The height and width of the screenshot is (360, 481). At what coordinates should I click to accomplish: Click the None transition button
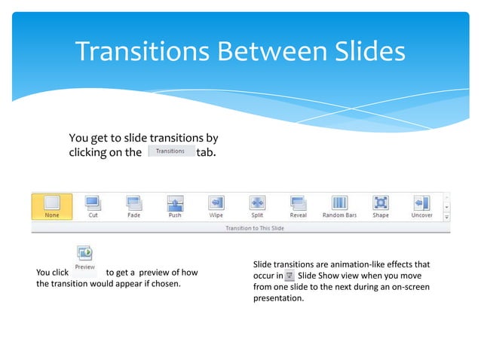click(x=51, y=206)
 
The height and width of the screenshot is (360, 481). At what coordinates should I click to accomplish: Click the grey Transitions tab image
click(x=170, y=151)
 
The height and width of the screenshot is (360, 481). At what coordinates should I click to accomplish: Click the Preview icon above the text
click(x=84, y=256)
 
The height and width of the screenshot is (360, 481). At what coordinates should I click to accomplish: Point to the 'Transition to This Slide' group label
click(x=255, y=227)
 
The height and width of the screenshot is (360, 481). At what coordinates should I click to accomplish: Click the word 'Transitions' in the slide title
click(x=143, y=51)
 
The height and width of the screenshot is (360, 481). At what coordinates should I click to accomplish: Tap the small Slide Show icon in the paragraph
click(x=290, y=276)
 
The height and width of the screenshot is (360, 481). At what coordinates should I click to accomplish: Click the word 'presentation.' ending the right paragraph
click(x=278, y=298)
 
